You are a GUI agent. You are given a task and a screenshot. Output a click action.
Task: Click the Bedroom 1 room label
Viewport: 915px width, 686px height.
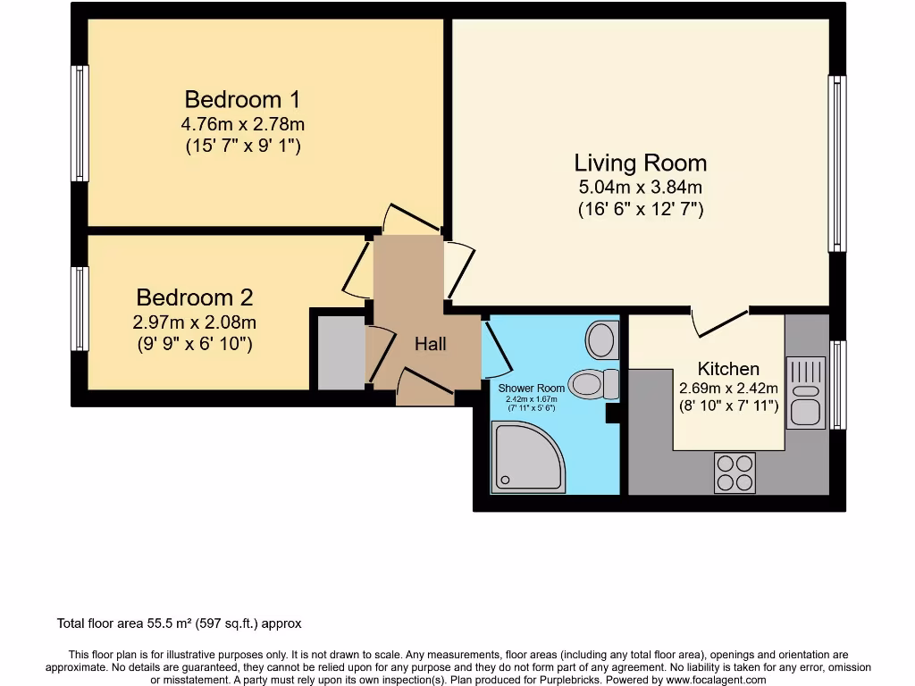242,98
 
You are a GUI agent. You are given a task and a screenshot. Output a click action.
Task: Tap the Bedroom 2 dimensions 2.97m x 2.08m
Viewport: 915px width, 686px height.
194,322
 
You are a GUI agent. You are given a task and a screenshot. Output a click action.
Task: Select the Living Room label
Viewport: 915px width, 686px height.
640,163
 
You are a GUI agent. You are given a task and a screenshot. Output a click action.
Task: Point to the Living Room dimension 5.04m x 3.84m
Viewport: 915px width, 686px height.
640,188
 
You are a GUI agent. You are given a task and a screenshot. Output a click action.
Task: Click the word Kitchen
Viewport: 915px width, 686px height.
728,368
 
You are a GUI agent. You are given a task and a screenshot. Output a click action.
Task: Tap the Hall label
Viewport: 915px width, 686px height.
430,344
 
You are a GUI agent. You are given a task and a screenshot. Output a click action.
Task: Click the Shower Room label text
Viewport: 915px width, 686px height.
532,388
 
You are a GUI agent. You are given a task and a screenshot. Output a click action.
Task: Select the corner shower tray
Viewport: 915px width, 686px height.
526,456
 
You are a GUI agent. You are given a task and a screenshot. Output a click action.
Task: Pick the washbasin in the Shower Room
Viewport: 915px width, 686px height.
602,339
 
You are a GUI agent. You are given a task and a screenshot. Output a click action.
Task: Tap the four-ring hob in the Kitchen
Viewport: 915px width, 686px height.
735,473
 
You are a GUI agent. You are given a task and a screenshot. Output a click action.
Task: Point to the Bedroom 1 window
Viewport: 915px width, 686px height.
80,123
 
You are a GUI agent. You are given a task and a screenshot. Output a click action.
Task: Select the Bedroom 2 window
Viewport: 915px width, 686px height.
80,308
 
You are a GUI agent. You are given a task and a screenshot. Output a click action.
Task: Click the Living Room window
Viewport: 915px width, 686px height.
836,163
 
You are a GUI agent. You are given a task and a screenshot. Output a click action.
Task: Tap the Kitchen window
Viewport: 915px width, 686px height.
837,384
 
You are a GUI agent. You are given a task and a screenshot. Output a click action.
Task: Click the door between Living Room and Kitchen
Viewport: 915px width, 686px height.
720,322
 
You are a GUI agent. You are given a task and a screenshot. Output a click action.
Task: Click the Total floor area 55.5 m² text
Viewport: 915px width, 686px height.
185,623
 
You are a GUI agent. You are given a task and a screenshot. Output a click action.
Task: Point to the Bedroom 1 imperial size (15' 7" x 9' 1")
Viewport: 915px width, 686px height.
242,145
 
